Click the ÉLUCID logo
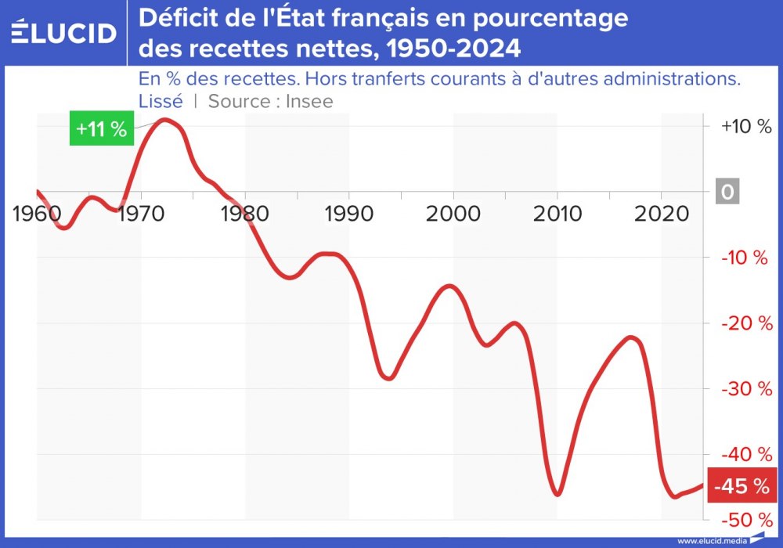pos(63,33)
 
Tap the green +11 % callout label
pos(102,129)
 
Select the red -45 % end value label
pos(739,486)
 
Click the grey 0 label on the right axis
pos(727,192)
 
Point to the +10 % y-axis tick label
pos(746,127)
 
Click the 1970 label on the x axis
pos(142,213)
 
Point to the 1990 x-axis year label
pos(348,213)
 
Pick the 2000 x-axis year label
pos(453,213)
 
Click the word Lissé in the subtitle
pos(161,101)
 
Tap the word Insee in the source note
pos(309,101)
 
